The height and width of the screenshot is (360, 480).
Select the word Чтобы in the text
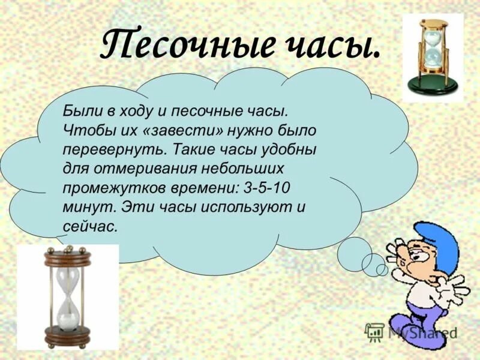(x=82, y=129)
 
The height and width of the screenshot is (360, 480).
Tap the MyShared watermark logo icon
(x=374, y=331)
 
